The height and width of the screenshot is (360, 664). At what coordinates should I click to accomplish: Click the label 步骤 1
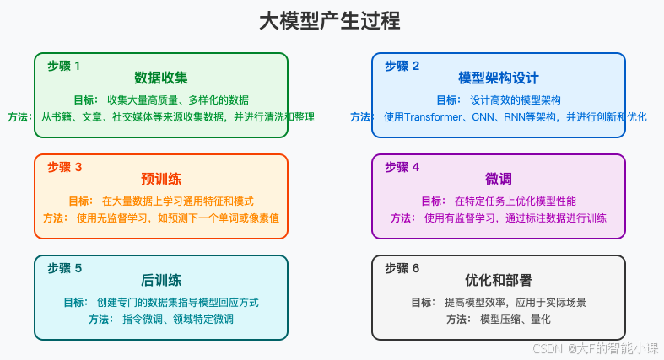(x=64, y=66)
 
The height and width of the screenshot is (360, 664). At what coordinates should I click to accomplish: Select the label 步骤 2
(x=402, y=66)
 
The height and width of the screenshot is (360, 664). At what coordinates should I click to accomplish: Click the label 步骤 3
(x=64, y=167)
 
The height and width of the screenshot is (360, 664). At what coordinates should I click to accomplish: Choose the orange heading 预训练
(x=160, y=180)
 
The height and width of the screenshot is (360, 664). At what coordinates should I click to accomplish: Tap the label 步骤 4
(x=402, y=167)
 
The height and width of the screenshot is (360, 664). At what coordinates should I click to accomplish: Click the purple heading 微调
(x=498, y=180)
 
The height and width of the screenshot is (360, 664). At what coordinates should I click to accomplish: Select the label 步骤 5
(x=64, y=268)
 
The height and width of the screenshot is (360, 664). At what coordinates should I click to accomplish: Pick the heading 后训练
(x=160, y=280)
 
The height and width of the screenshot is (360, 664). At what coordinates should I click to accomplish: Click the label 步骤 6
(x=402, y=268)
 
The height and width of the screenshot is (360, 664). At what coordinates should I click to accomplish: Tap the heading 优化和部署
(x=498, y=280)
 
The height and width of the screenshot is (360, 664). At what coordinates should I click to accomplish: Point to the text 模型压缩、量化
(x=515, y=319)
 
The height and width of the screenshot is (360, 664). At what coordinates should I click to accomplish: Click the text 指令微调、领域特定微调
(x=177, y=319)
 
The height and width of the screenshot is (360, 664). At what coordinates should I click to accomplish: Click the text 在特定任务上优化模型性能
(x=515, y=201)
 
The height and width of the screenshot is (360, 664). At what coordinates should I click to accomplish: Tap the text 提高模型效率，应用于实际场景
(x=515, y=302)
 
